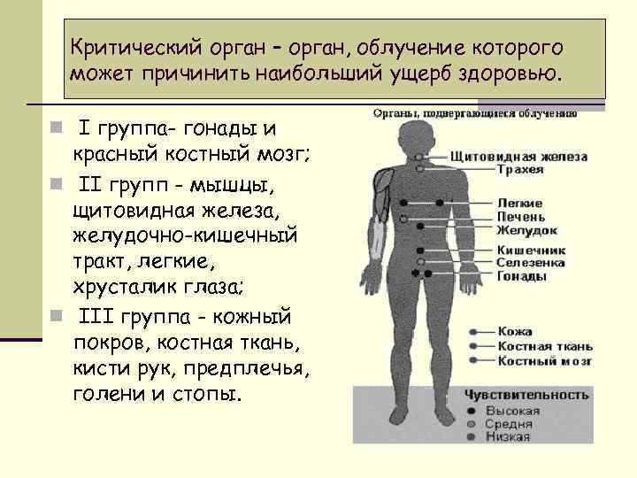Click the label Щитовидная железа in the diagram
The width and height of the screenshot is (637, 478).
518,157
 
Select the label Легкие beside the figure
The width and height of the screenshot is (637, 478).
519,203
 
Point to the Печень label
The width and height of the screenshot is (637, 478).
518,216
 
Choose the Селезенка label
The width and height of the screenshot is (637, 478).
531,263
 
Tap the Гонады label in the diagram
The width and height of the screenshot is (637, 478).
521,275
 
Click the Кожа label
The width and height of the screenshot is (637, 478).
514,331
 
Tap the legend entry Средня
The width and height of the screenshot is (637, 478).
509,424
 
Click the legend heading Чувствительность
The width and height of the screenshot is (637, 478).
526,394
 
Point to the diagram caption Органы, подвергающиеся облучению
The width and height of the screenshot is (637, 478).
474,113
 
